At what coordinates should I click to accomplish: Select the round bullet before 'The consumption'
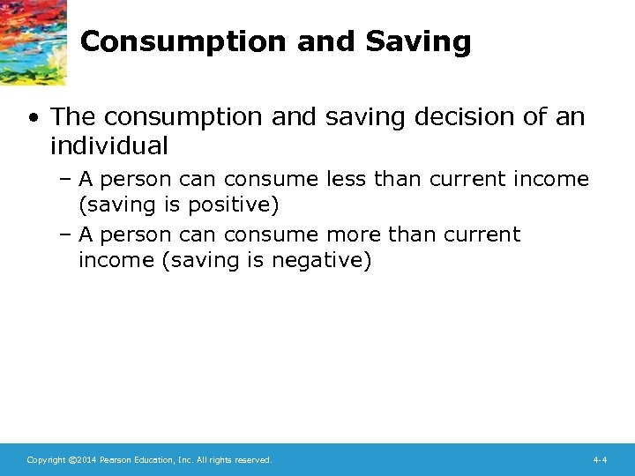coord(32,116)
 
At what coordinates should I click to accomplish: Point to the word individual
coord(108,145)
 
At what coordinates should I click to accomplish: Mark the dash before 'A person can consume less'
coord(66,180)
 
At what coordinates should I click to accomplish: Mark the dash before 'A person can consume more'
coord(66,235)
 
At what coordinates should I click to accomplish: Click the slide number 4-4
coord(599,460)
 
